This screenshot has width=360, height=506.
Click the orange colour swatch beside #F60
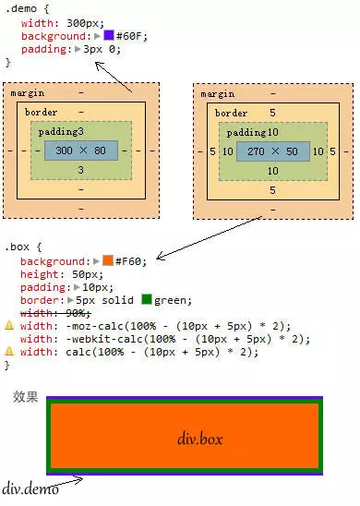click(x=107, y=261)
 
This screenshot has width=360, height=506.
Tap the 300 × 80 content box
click(x=80, y=151)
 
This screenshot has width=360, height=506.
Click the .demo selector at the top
click(x=20, y=9)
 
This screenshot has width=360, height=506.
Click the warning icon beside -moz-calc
click(x=9, y=326)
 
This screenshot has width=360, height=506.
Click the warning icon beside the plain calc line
click(x=9, y=352)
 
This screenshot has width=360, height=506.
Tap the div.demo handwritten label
click(x=30, y=488)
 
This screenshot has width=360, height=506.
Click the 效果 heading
click(x=25, y=397)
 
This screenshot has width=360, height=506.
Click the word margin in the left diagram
click(x=28, y=93)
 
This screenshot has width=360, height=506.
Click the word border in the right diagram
click(x=230, y=113)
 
